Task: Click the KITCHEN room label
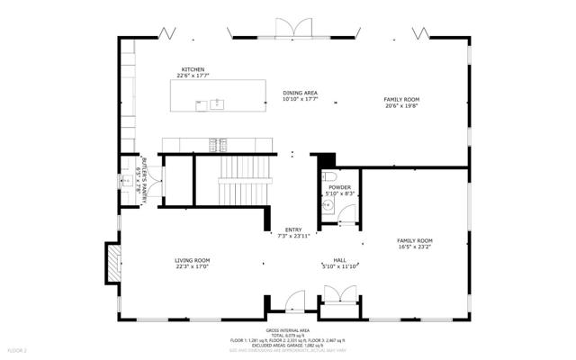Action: tap(193, 69)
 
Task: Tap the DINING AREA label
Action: tap(300, 93)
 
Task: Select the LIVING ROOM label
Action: tap(193, 261)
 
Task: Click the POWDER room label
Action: tap(339, 187)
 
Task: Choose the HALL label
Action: tap(340, 261)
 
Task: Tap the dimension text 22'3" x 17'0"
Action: tap(193, 267)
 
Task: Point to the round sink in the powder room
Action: tap(329, 205)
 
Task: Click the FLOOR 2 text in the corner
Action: tap(18, 349)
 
